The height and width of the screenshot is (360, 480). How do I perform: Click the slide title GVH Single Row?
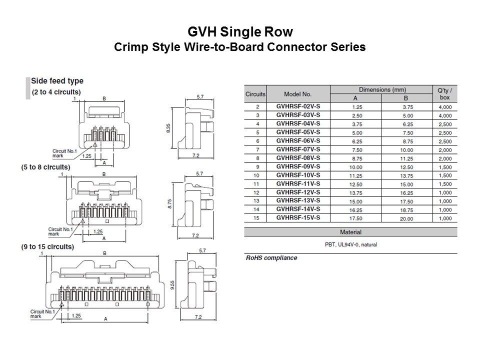tap(240, 32)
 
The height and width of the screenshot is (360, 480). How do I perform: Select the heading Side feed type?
tap(57, 81)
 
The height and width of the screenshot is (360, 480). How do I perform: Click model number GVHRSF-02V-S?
tap(297, 106)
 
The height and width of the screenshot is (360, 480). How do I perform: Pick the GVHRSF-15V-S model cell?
tap(297, 218)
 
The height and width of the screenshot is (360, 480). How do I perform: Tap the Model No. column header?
tap(297, 94)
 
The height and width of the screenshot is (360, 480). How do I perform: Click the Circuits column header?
tap(255, 94)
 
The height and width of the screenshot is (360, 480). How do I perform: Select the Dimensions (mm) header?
tap(382, 89)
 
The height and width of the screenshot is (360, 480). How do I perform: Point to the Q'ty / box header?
tap(444, 94)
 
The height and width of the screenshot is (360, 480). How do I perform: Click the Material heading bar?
tap(350, 232)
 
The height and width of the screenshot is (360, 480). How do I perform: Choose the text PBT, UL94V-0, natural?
tap(350, 244)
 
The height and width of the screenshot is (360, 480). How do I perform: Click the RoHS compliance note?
tap(271, 258)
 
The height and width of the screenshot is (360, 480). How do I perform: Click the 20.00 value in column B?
tap(406, 218)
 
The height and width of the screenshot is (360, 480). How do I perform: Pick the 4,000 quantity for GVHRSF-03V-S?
tap(444, 115)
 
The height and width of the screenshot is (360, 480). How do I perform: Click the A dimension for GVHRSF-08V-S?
tap(355, 158)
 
